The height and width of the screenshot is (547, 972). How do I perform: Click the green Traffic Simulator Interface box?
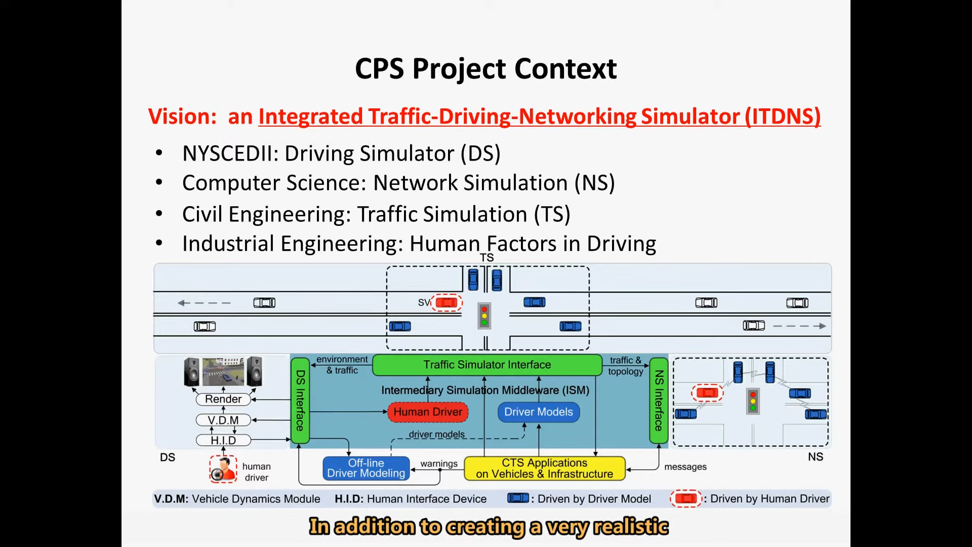click(487, 365)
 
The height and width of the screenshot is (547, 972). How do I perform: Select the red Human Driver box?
click(428, 412)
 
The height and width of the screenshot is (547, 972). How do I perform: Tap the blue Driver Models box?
click(538, 412)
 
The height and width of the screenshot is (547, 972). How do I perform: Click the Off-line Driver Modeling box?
click(366, 468)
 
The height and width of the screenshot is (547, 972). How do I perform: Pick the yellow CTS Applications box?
click(544, 468)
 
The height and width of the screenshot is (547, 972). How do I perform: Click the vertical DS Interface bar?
click(300, 401)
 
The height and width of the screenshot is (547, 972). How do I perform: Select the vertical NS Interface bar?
click(658, 401)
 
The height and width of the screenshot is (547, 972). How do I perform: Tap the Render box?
click(223, 399)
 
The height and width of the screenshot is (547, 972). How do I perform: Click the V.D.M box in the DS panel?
click(223, 420)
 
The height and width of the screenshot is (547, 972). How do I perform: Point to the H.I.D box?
click(223, 441)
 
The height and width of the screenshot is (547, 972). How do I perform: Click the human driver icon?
click(223, 469)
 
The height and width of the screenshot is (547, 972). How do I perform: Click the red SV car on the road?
click(446, 303)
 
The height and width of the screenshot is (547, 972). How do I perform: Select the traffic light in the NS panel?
click(753, 402)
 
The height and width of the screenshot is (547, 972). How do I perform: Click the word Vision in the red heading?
click(182, 116)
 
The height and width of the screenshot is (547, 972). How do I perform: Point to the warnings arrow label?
click(438, 464)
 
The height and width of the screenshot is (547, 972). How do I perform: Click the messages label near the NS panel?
click(685, 467)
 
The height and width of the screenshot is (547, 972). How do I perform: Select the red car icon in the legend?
click(685, 499)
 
